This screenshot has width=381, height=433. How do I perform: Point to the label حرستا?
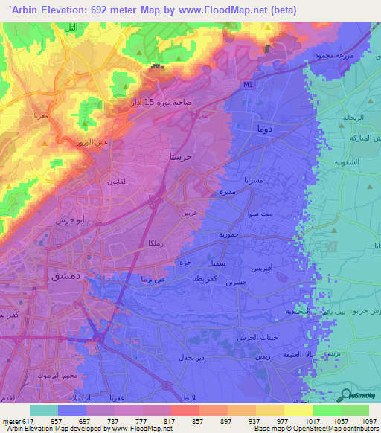[x=183, y=157]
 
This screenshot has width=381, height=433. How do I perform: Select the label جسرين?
[x=235, y=283]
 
